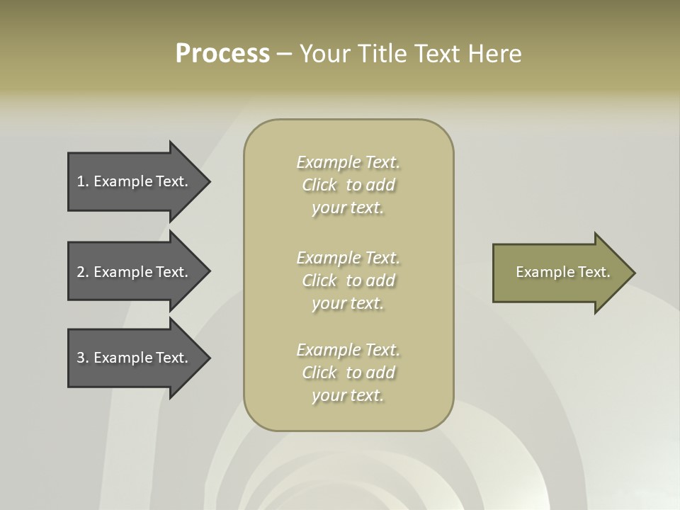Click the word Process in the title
point(222,54)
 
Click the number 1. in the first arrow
point(83,181)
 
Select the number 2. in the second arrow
point(83,272)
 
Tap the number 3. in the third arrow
point(83,358)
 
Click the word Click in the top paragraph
point(319,185)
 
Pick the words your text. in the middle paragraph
point(348,303)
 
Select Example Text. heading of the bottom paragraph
point(348,350)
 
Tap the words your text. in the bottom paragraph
point(348,395)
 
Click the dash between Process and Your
point(284,54)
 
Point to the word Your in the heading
point(327,54)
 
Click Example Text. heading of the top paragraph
point(348,162)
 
